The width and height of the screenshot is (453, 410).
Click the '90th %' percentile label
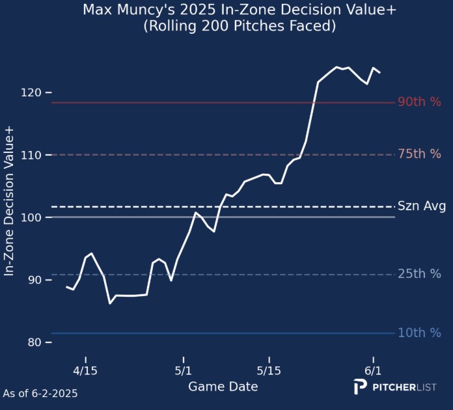(x=419, y=102)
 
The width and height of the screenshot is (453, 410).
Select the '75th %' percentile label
(x=419, y=154)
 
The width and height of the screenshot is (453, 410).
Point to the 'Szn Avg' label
(x=421, y=206)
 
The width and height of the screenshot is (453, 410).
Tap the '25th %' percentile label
(x=419, y=274)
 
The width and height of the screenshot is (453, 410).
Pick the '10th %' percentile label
(x=419, y=333)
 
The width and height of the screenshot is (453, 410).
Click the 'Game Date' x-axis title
(x=223, y=387)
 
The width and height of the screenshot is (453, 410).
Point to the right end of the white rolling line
(x=380, y=72)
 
